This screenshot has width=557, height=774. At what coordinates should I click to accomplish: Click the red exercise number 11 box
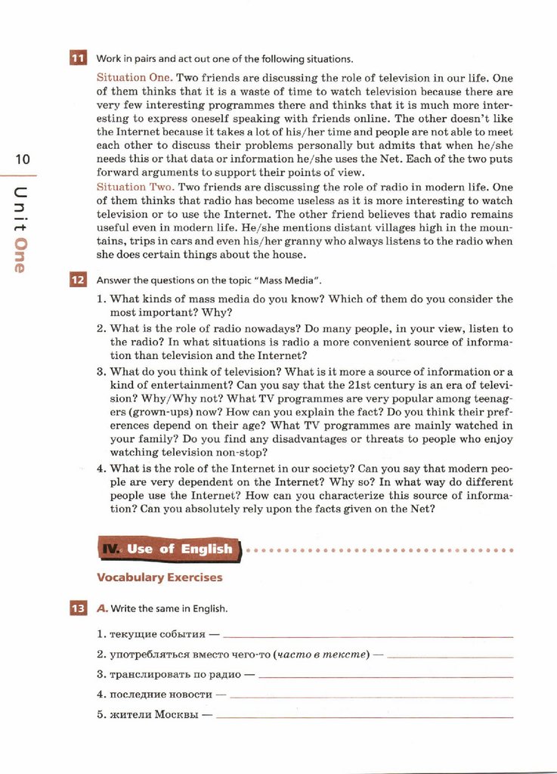point(78,59)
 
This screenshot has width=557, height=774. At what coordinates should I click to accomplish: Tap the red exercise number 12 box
point(78,280)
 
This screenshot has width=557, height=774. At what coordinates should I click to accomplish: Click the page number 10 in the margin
point(22,159)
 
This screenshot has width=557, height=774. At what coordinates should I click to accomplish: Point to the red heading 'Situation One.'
point(135,78)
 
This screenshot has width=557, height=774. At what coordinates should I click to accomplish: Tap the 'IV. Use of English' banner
point(168,550)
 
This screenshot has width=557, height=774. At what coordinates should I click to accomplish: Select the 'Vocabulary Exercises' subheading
point(159,577)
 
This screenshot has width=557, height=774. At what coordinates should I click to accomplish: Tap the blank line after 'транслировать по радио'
point(385,676)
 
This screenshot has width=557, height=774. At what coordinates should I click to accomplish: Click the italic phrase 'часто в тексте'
point(322,655)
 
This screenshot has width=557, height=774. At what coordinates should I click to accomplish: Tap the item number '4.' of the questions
point(101,468)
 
